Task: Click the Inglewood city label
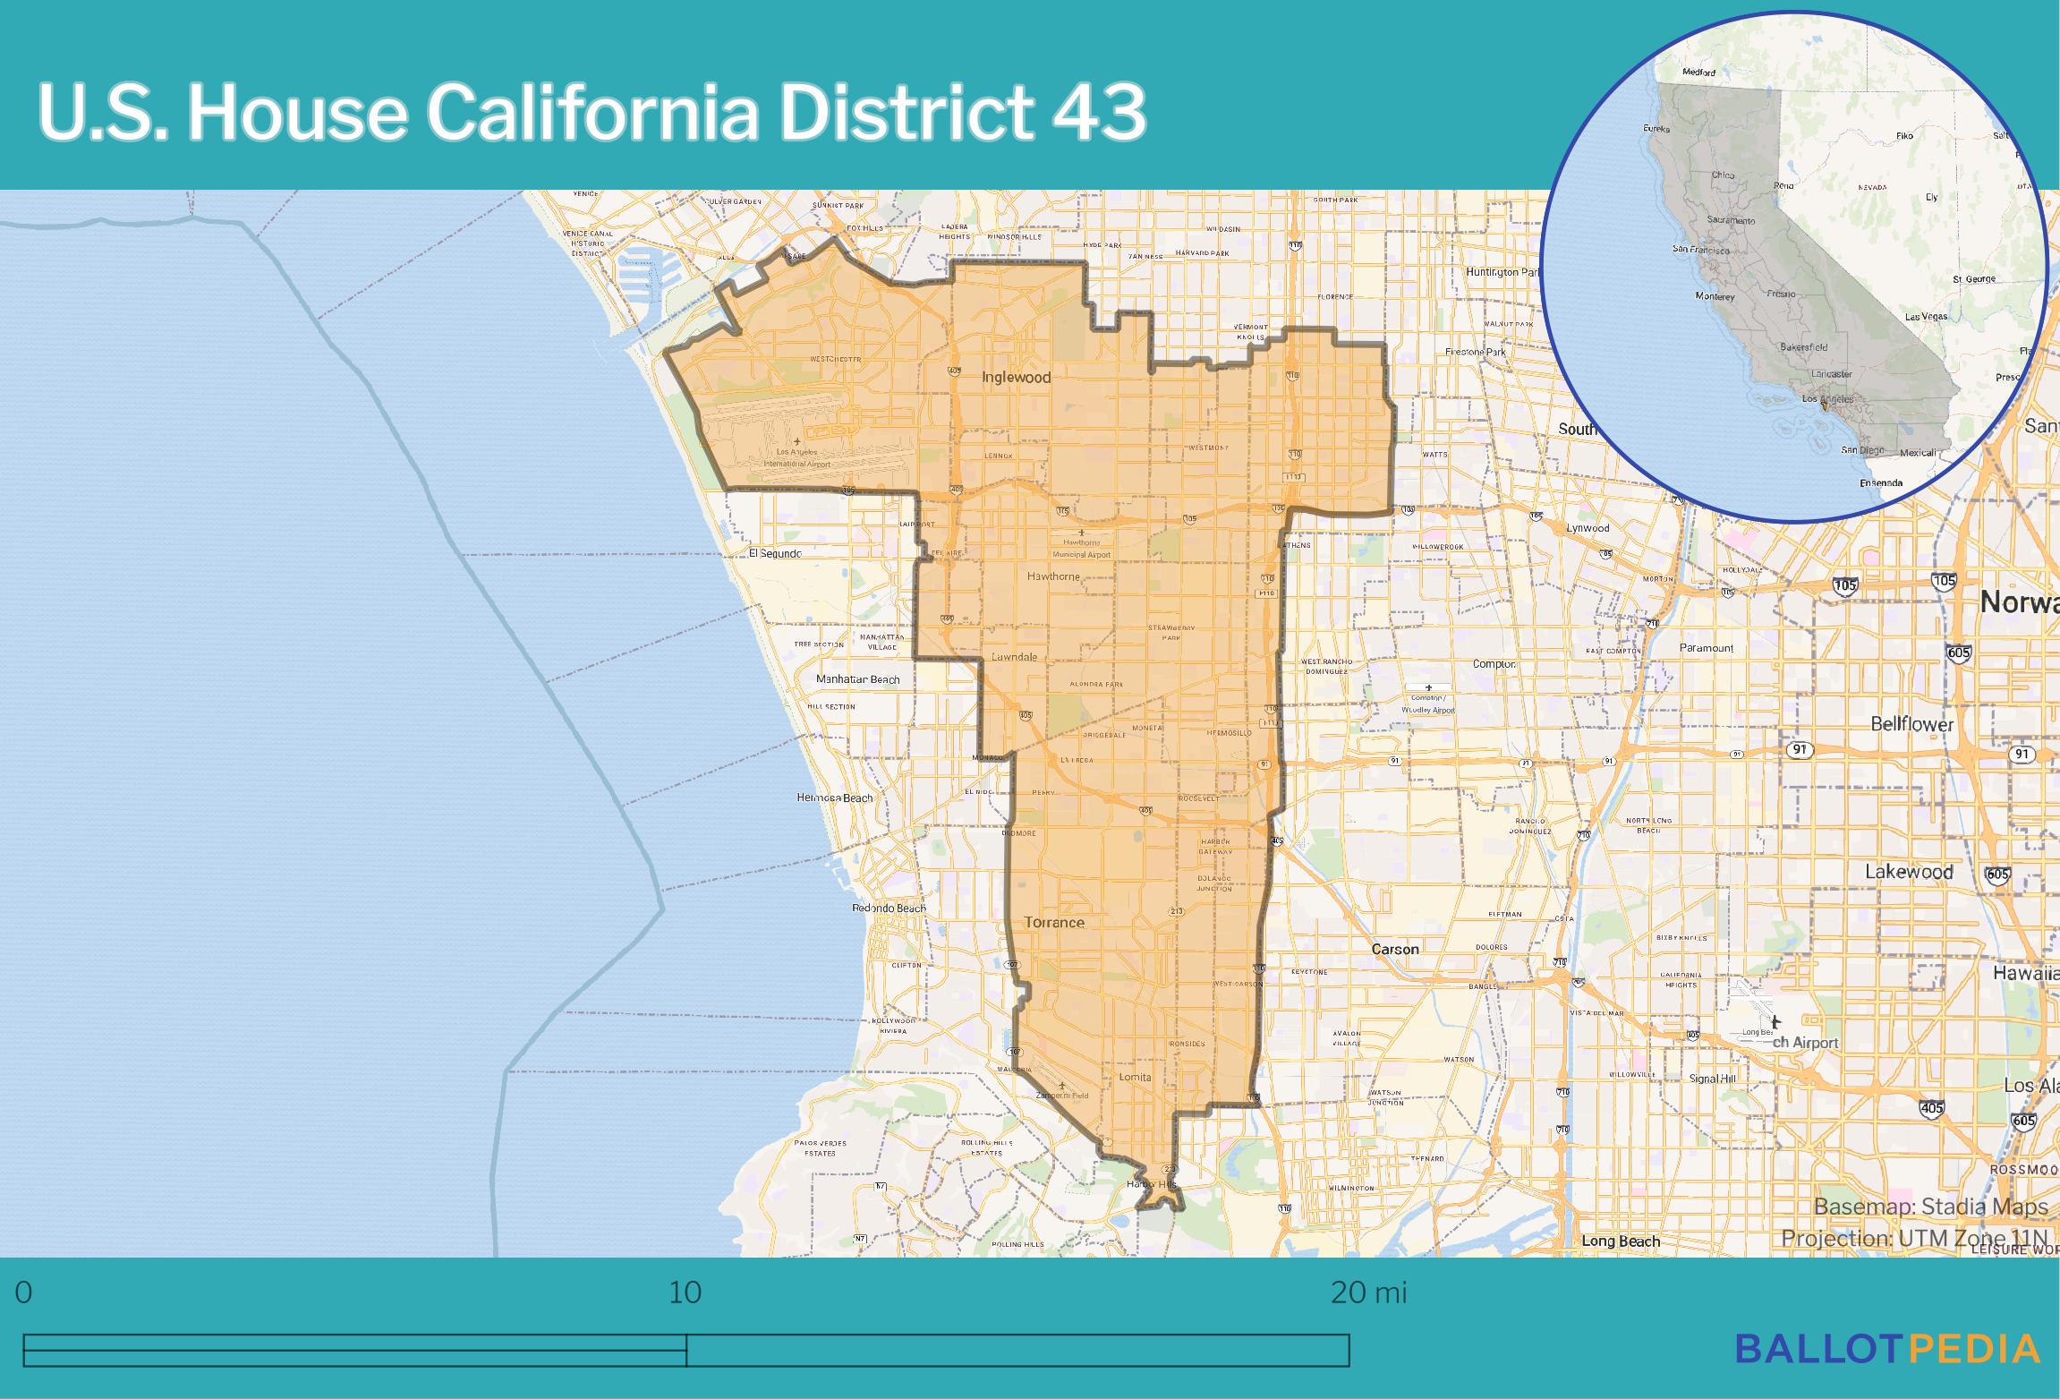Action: click(1016, 378)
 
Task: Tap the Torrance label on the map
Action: click(1054, 923)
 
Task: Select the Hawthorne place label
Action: click(1053, 577)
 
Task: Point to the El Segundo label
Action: click(775, 554)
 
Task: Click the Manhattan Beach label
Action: click(857, 679)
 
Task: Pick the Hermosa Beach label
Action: click(834, 798)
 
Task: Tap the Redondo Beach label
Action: click(889, 908)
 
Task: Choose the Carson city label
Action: click(1395, 950)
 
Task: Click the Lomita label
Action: click(1135, 1078)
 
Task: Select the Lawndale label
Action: click(1014, 657)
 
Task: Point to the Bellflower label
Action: click(1912, 724)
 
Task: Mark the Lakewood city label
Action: click(1909, 872)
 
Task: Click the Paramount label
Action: click(1707, 648)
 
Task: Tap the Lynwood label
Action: click(1588, 528)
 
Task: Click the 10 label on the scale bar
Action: click(685, 1292)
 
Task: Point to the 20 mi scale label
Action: click(1368, 1292)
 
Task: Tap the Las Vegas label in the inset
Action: click(1926, 317)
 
